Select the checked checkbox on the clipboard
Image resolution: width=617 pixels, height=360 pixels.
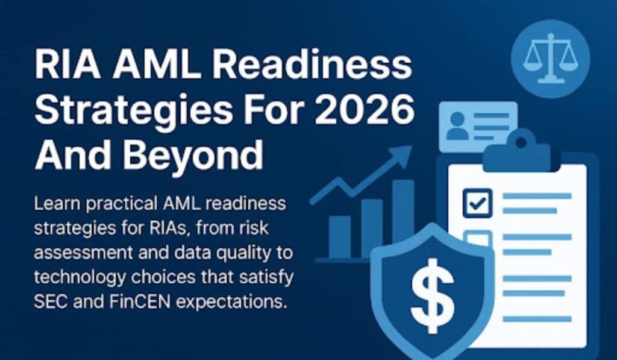coord(477,203)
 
